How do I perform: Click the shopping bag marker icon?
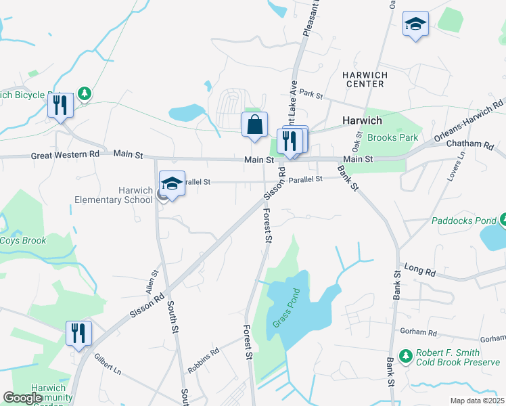point(254,125)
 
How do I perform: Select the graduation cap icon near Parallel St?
point(172,183)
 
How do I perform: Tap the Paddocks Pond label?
point(463,221)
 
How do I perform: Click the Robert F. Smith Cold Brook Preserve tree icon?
point(405,355)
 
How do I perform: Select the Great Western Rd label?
point(65,155)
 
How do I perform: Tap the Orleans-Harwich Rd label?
point(467,120)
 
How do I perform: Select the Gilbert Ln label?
point(108,363)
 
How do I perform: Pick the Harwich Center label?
point(363,78)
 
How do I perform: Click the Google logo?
point(23,399)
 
